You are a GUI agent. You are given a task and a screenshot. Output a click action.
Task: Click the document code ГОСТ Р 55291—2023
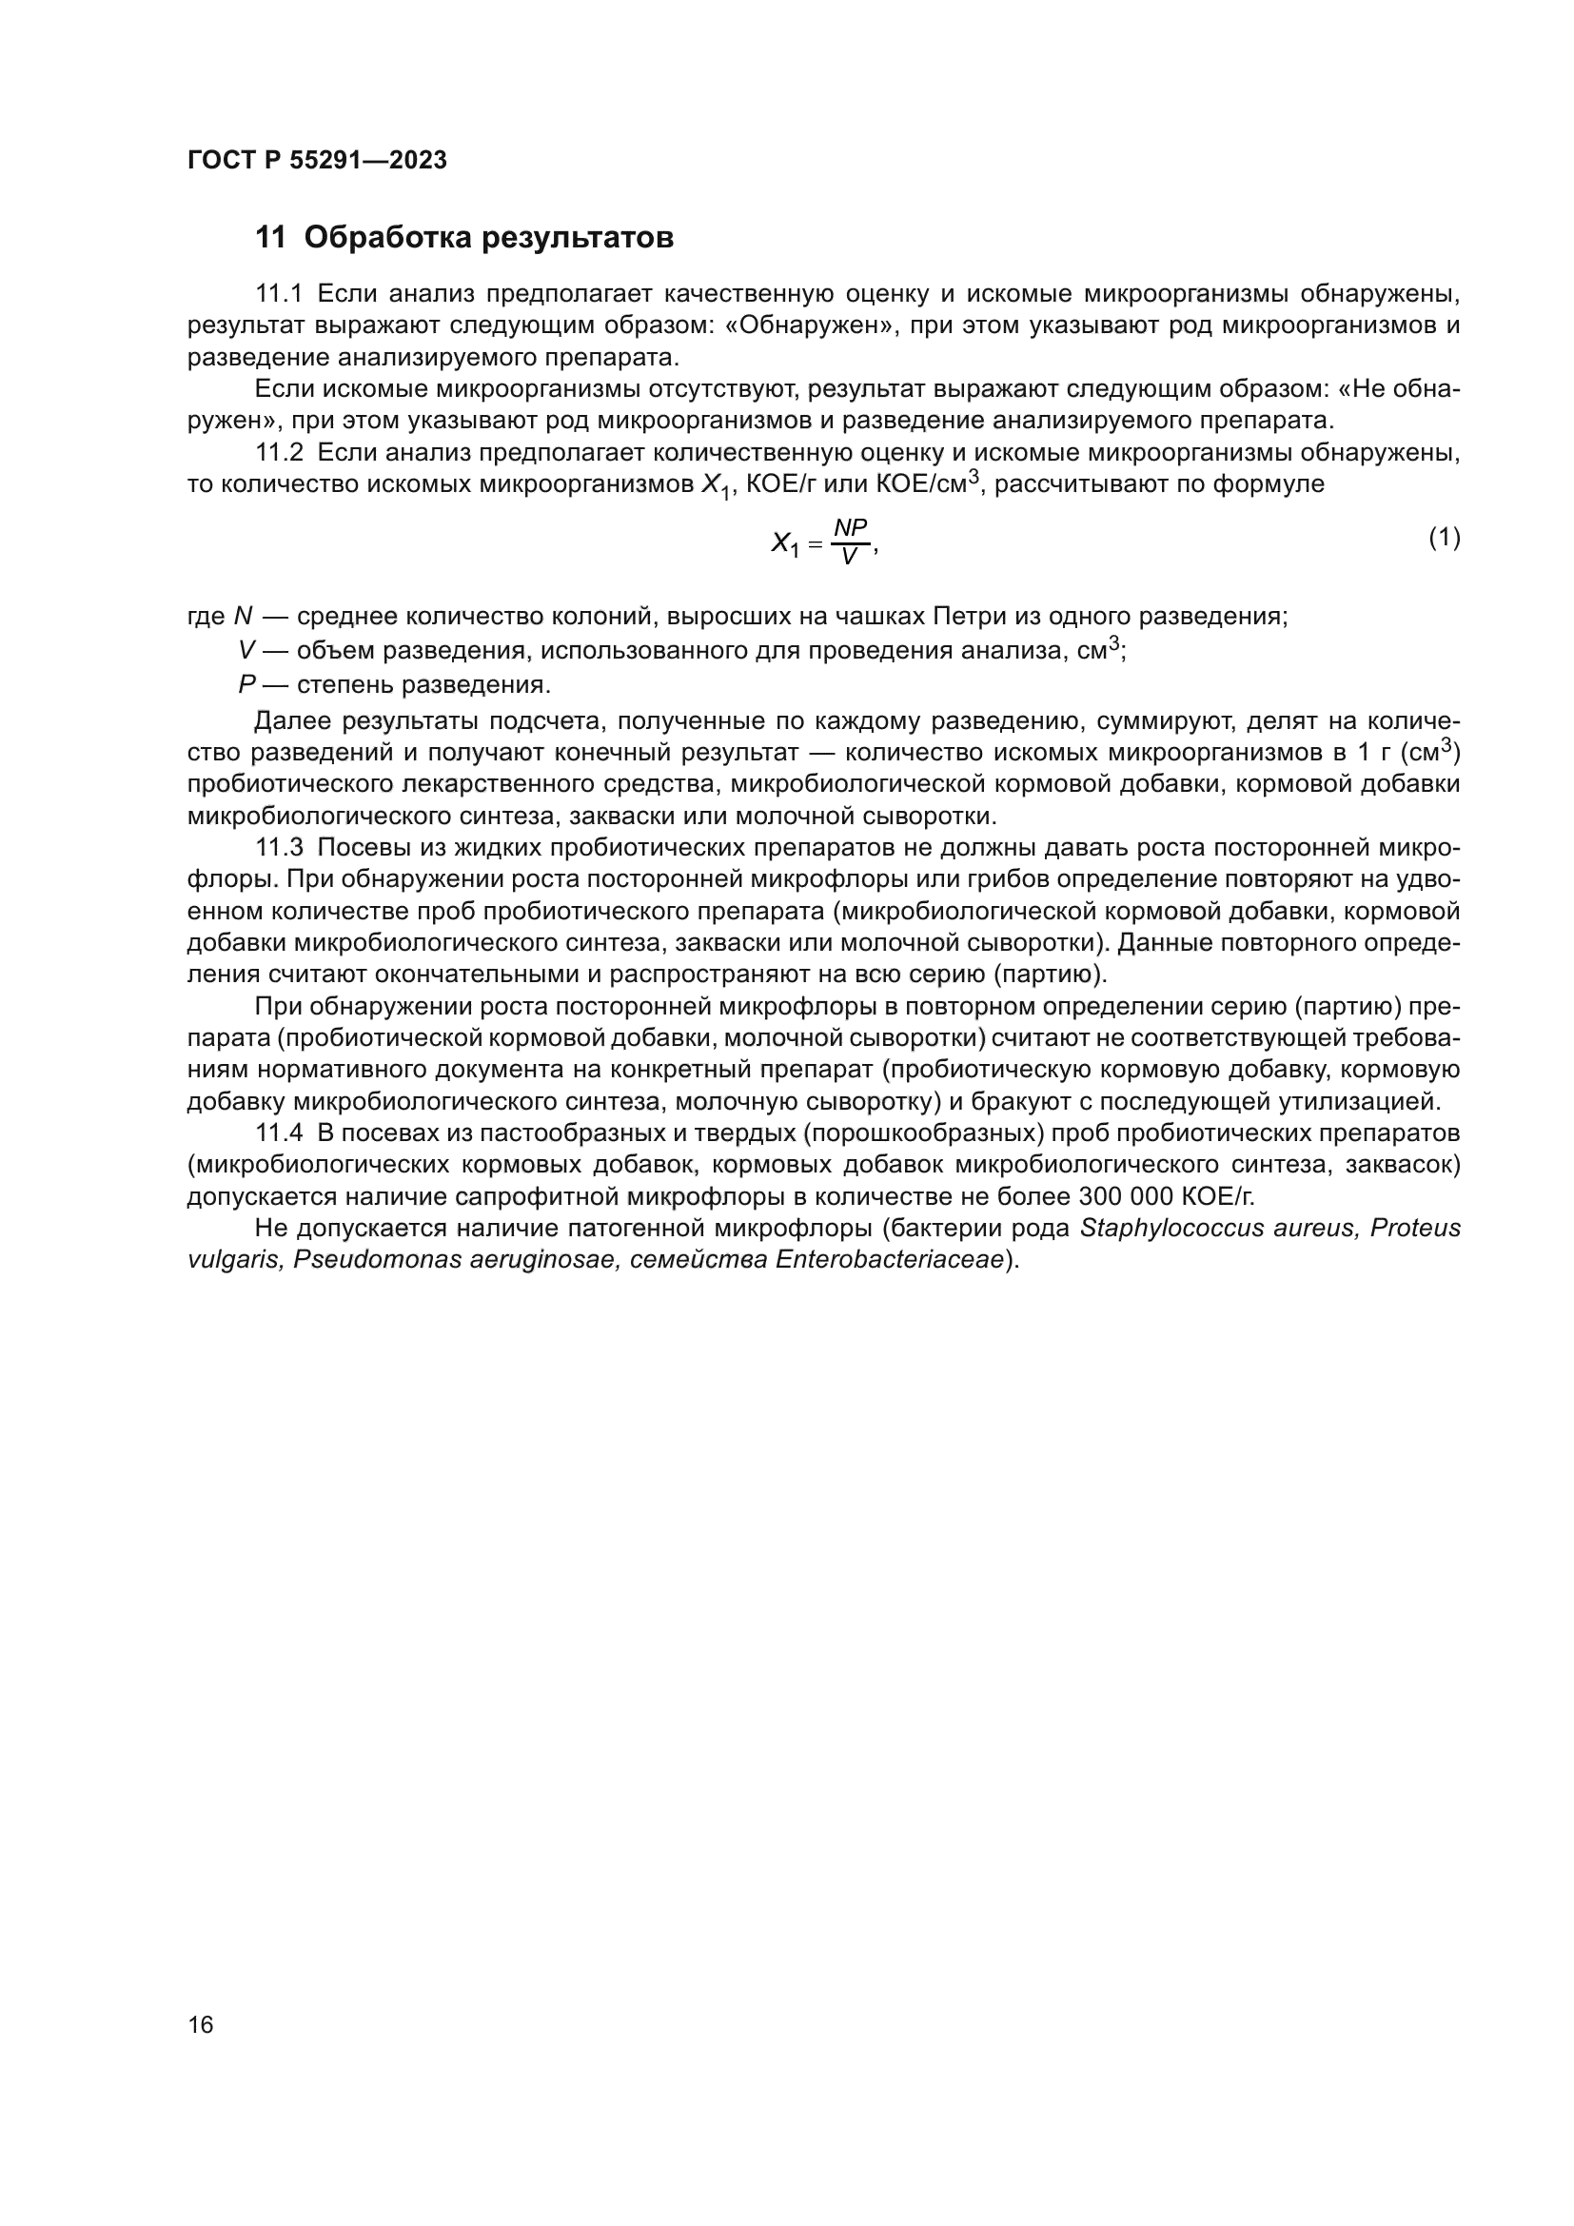[317, 160]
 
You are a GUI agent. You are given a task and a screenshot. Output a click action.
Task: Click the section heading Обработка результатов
[488, 238]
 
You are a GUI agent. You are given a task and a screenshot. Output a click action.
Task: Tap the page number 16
[201, 2024]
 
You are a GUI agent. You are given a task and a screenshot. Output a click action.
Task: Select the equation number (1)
[1445, 537]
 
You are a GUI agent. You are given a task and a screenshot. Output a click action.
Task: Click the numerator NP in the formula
[850, 526]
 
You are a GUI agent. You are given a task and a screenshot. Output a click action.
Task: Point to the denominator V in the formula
[849, 558]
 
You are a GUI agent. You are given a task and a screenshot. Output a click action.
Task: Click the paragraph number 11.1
[279, 294]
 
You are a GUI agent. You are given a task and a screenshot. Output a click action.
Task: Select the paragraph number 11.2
[279, 453]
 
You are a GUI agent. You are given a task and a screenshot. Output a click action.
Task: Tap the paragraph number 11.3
[279, 848]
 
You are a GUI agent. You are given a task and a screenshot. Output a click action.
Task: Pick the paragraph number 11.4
[279, 1133]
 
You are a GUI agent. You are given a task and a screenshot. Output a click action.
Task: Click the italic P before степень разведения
[246, 685]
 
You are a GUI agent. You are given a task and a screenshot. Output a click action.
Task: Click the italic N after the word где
[244, 617]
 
